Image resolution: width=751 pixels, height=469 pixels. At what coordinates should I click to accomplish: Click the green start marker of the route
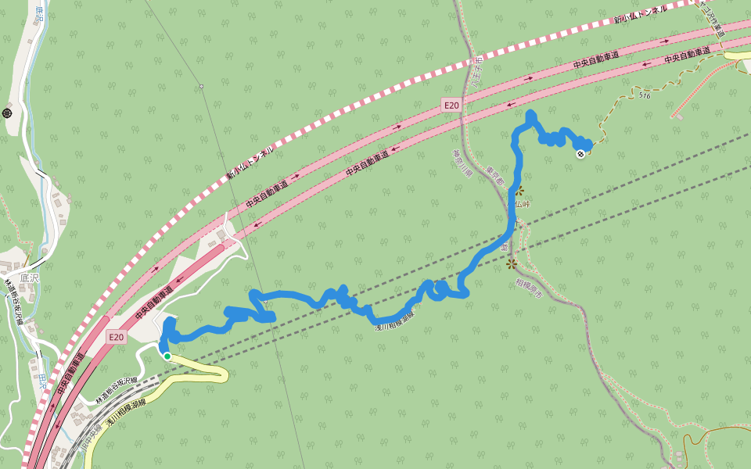point(167,356)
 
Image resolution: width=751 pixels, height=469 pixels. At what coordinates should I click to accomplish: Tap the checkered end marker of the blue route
point(581,154)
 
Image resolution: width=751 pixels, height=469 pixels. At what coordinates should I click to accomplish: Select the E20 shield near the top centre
point(451,105)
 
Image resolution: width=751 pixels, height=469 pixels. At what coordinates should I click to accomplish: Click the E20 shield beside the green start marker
point(116,337)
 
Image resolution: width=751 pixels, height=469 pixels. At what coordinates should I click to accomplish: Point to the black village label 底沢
point(29,277)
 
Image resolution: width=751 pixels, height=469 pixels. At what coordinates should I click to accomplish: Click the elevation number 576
point(644,95)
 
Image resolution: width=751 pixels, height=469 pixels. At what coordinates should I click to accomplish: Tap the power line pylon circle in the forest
point(201,86)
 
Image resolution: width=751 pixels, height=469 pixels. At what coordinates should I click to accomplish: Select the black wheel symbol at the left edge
point(7,113)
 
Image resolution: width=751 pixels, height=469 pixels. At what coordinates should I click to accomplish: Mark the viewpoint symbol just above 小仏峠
point(519,190)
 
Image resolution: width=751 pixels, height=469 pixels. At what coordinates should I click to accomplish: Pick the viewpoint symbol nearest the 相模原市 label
point(512,263)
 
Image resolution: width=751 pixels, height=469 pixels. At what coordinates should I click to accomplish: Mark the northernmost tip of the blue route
point(531,115)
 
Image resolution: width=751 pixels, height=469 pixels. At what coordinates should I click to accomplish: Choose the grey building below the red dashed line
point(678,118)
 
